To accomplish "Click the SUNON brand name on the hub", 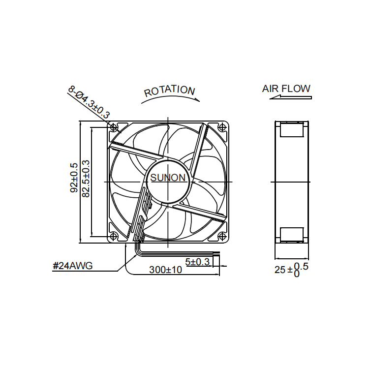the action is (168, 178).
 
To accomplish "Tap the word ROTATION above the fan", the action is (169, 91).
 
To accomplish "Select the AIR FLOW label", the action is (286, 89).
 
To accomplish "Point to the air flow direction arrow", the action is (291, 97).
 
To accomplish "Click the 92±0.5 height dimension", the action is (74, 178).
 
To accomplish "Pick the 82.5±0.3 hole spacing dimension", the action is (86, 179).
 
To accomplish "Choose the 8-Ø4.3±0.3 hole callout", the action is (89, 102).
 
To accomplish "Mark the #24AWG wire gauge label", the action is (73, 266).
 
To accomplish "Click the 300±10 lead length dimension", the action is (165, 270).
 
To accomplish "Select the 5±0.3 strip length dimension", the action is (197, 262).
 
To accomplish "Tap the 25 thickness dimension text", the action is (280, 270).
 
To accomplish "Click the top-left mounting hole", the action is (114, 127).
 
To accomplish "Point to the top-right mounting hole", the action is (222, 127).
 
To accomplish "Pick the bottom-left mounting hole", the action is (114, 236).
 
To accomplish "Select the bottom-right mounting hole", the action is (222, 236).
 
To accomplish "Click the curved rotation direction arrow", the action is (170, 97).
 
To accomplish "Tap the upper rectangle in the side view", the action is (292, 129).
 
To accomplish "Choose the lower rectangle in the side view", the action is (292, 235).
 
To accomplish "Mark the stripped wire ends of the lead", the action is (216, 253).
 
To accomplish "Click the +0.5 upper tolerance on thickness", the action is (301, 266).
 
